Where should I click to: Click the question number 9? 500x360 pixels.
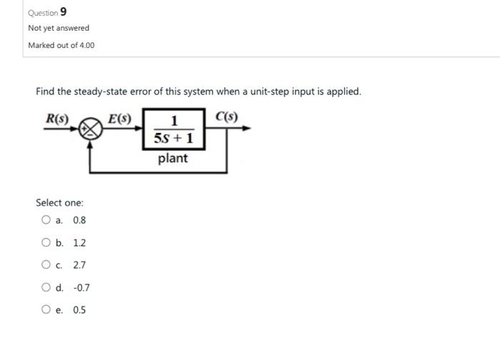point(64,11)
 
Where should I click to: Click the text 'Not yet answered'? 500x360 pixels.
point(59,28)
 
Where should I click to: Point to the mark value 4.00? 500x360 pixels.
point(86,45)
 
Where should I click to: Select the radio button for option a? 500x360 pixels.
point(46,220)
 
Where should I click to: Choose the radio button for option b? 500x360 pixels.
point(46,243)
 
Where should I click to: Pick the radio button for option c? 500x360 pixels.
point(46,265)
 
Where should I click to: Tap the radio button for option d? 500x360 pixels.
point(46,288)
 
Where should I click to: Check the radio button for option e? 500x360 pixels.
point(46,310)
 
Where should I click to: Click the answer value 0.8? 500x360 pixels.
point(79,220)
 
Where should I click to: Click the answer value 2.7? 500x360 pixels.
point(79,265)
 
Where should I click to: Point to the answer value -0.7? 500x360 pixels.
point(81,288)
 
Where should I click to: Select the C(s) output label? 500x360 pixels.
point(226,116)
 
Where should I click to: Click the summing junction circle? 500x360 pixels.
point(90,129)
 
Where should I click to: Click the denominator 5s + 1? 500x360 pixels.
point(174,137)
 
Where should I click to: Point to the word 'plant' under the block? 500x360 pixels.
point(173,158)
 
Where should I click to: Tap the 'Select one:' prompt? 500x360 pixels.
point(60,203)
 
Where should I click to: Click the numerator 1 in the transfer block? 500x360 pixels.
point(174,119)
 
